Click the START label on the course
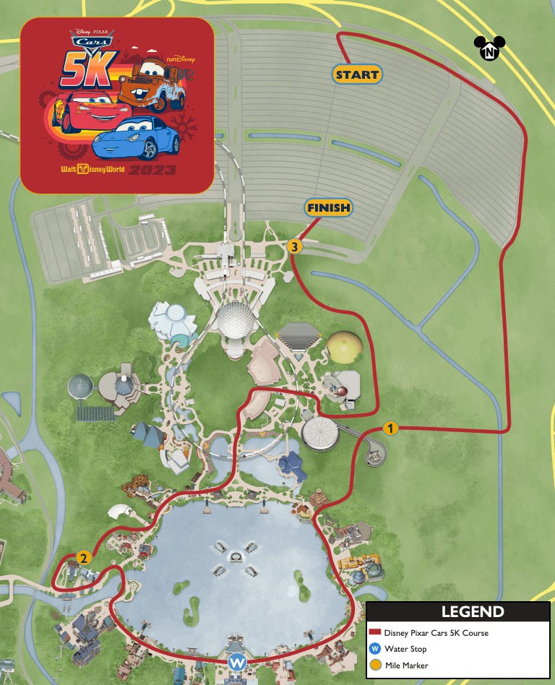[x=357, y=74]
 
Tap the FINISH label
[x=329, y=208]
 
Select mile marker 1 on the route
[x=390, y=428]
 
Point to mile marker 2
[x=84, y=558]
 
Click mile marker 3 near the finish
[x=293, y=246]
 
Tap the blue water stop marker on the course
[x=237, y=661]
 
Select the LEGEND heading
[x=473, y=612]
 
